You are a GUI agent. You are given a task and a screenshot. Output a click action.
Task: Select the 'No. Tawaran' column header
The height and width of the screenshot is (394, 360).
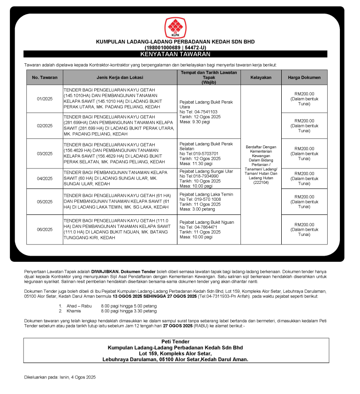(45, 77)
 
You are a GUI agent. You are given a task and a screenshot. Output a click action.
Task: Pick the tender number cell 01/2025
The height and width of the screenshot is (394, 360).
(45, 98)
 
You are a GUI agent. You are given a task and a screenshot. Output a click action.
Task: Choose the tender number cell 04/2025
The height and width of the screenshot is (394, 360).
(45, 178)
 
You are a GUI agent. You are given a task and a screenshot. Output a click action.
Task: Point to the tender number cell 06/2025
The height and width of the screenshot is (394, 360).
(45, 229)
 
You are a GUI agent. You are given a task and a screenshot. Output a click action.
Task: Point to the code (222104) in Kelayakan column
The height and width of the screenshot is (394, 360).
(261, 183)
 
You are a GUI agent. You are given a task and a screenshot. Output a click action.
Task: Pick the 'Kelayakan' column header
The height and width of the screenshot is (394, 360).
(261, 77)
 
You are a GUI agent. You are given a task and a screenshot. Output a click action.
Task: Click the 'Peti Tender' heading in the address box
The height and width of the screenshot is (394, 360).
(175, 341)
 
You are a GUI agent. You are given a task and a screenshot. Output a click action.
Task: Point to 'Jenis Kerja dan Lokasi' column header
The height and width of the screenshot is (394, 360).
(120, 77)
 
